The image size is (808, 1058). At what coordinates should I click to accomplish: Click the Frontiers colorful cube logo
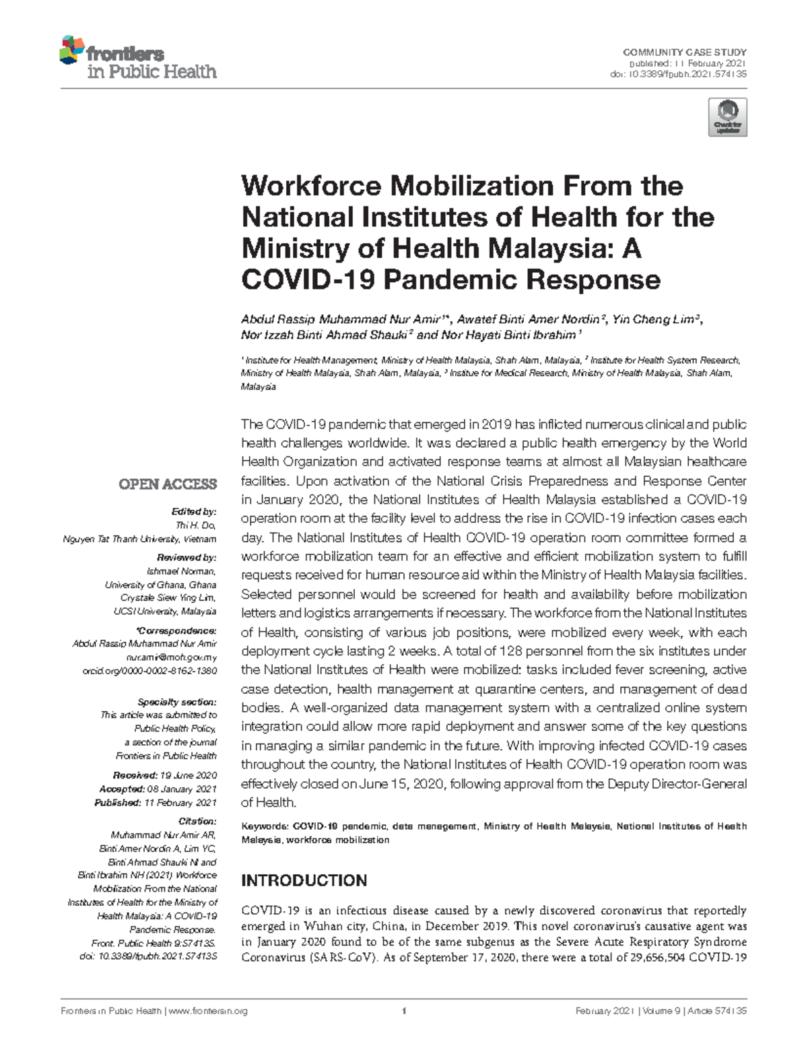73,51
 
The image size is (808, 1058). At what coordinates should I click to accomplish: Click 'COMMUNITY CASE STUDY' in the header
685,53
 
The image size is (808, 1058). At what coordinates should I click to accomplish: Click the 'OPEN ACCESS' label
168,484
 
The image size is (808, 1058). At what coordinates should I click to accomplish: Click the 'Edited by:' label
197,512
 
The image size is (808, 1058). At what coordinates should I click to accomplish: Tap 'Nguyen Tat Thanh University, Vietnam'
139,539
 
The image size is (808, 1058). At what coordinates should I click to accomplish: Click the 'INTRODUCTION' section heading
304,881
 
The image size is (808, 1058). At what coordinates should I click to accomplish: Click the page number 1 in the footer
403,1011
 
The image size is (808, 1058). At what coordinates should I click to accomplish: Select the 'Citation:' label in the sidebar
197,821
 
